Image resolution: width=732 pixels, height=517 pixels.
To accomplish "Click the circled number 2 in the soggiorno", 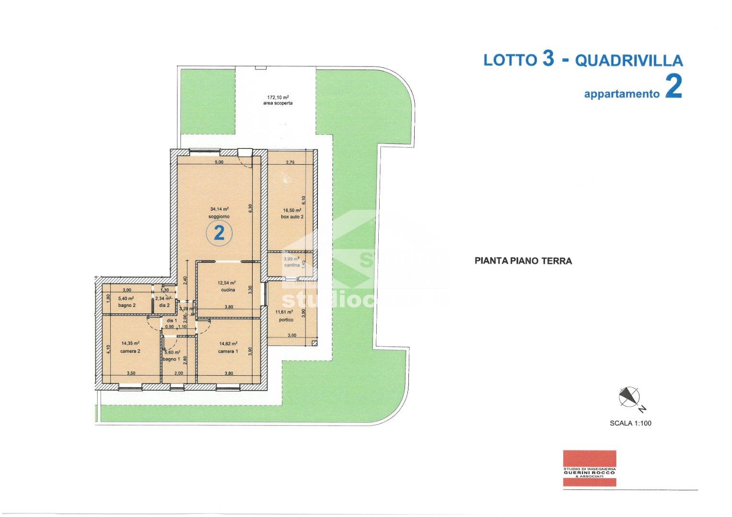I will tap(219, 234).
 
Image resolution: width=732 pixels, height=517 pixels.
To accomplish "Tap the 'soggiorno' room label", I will tap(219, 217).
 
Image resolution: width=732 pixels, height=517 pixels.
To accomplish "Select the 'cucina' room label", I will tap(228, 290).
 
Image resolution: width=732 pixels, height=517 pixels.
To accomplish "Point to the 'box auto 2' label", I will tap(292, 217).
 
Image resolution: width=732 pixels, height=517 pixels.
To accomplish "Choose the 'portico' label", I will tap(284, 320).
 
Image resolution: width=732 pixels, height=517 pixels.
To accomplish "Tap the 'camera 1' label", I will tap(228, 351).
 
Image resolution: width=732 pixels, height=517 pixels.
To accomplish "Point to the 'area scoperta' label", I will tap(278, 103).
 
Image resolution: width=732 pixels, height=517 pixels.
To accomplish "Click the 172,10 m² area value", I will tap(278, 97).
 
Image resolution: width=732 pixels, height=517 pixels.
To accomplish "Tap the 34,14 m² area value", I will tap(219, 209).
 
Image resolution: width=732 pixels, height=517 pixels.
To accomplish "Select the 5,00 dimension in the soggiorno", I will tap(219, 162).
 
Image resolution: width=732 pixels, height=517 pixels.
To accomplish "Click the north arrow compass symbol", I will tap(629, 397).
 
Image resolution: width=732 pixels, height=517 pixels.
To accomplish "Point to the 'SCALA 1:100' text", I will tap(630, 423).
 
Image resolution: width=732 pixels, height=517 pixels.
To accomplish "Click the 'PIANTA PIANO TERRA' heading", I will tap(523, 261).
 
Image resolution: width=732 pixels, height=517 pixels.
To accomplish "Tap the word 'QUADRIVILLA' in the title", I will tap(628, 60).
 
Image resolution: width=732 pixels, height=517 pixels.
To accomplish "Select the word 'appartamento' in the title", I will tap(621, 94).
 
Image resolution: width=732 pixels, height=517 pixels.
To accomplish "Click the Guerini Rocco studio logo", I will tap(589, 468).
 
